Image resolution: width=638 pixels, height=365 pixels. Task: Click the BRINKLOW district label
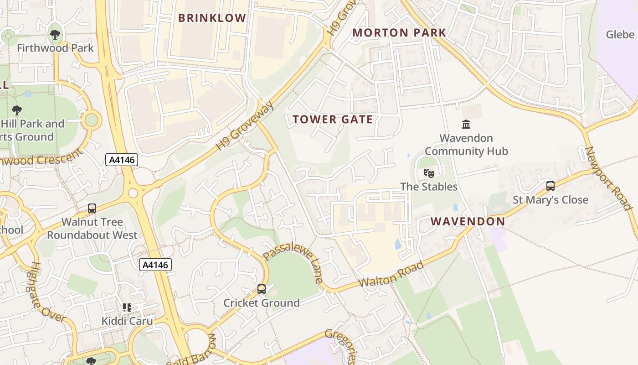coord(212,18)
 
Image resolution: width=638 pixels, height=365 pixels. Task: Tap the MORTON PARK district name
coord(399,33)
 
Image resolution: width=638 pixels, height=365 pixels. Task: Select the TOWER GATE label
coord(333,120)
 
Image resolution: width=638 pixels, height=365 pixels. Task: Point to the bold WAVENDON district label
coord(468,222)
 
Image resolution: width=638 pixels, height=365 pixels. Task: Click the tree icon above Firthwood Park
coord(55,34)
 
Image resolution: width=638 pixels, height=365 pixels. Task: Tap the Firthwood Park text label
coord(55,48)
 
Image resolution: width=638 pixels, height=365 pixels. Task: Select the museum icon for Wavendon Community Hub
coord(466,124)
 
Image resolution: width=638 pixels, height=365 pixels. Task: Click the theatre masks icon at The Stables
coord(428,173)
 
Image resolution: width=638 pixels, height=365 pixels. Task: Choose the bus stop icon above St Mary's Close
coord(551,186)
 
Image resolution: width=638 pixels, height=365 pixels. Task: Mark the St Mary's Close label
coord(551,200)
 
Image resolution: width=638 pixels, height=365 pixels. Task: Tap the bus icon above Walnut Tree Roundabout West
coord(92,209)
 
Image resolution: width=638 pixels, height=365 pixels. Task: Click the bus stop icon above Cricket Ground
coord(262,289)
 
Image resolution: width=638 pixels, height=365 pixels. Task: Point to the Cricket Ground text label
coord(262,303)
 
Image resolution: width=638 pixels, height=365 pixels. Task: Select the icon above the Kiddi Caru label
coord(127,308)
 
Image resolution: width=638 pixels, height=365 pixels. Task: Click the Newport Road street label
coord(609,178)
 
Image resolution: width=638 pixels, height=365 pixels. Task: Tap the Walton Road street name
coord(391,274)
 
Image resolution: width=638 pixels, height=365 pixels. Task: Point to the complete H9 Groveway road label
coord(246,126)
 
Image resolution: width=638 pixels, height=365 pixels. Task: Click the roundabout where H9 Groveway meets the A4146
coord(133,193)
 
